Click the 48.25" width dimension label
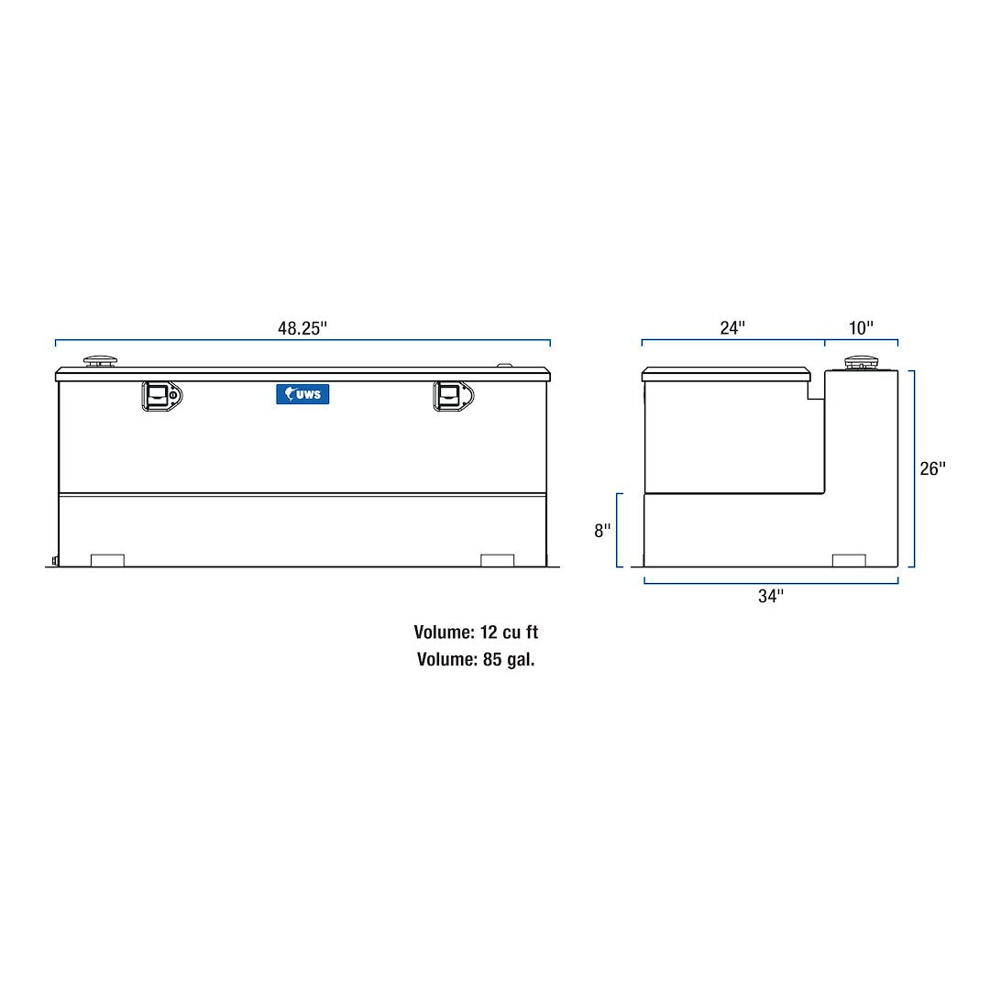[302, 328]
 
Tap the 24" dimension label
[732, 328]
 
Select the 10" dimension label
[862, 328]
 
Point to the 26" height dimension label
[932, 468]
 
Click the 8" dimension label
[602, 531]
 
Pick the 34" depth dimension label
[771, 597]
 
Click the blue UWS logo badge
[302, 394]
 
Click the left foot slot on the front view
[108, 560]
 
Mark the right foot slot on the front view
[498, 560]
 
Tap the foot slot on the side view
[848, 560]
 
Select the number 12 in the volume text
[488, 632]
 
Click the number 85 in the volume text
[493, 659]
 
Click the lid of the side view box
[726, 374]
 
